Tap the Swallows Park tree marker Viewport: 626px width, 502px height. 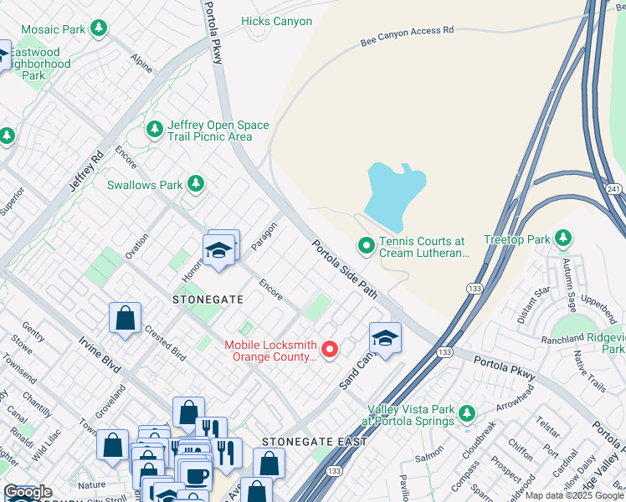coord(196,183)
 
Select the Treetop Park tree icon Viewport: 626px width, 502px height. coord(563,239)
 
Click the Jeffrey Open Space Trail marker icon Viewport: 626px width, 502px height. coord(154,130)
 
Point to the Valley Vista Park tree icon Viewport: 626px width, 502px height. coord(466,413)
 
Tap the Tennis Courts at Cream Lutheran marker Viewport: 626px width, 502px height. coord(366,246)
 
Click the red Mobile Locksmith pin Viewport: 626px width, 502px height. coord(330,350)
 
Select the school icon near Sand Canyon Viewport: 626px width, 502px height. coord(385,338)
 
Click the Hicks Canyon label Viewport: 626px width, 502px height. coord(276,21)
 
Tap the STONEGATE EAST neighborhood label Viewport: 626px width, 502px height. coord(314,441)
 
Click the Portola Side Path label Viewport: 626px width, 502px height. coord(346,269)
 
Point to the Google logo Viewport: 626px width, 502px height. coord(28,492)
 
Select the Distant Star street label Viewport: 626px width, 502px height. coord(535,304)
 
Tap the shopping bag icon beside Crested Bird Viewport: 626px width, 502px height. coord(125,318)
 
